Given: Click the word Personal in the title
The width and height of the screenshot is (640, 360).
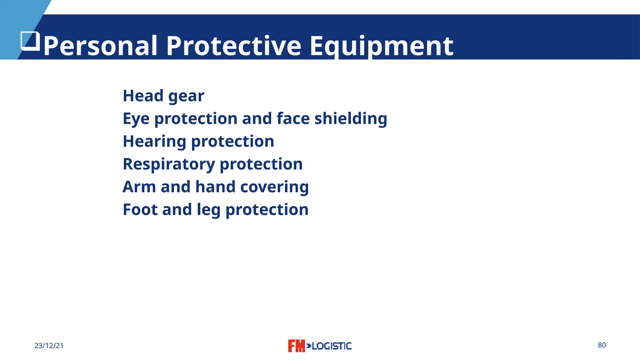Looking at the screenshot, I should [100, 46].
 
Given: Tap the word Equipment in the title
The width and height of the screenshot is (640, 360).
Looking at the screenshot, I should [381, 46].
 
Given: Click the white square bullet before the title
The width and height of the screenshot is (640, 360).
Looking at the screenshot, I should [30, 41].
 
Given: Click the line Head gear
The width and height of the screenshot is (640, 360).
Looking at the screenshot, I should [163, 96].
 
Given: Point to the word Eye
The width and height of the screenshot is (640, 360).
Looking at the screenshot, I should [136, 119].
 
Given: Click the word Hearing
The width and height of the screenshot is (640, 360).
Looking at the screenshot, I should [154, 142].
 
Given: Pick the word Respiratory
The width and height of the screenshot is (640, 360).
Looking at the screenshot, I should [169, 164].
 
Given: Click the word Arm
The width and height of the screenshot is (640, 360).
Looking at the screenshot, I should [139, 187].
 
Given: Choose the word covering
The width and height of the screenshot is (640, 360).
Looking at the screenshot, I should [274, 187].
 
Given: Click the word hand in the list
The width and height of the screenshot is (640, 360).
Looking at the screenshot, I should [215, 187].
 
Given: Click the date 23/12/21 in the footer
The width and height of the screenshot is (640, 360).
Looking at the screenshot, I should [49, 346].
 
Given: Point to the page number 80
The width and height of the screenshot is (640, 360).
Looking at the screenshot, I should [602, 345].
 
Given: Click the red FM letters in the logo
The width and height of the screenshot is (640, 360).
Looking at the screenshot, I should [296, 346].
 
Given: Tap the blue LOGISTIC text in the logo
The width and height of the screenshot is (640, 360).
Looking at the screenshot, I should [331, 346].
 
